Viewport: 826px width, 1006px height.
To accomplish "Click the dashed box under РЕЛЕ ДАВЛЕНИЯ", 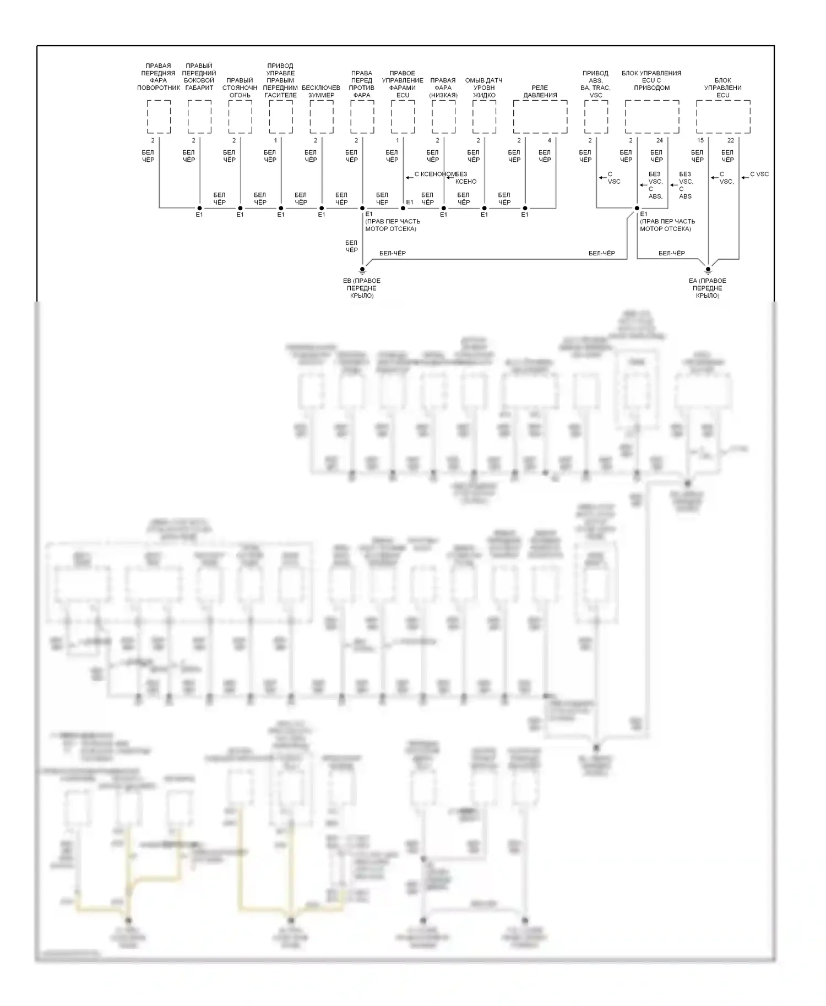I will tap(540, 117).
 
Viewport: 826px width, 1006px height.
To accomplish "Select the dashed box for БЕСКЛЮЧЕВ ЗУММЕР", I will tap(321, 117).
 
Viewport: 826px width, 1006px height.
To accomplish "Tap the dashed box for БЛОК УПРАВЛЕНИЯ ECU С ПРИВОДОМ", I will tap(651, 117).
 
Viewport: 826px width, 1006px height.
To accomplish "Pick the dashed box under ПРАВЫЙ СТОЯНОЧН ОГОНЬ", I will tap(240, 117).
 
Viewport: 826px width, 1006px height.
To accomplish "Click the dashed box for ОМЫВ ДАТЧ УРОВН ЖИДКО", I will tap(484, 117).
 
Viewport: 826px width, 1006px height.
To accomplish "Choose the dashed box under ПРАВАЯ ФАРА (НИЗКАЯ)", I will tap(443, 117).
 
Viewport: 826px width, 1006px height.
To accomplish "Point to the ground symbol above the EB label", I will tap(362, 270).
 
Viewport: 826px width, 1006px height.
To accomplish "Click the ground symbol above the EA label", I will tap(708, 270).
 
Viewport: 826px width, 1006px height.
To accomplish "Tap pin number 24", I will tap(660, 141).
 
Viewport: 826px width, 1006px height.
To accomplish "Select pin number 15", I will tap(700, 141).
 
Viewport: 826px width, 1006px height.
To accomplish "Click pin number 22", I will tap(731, 141).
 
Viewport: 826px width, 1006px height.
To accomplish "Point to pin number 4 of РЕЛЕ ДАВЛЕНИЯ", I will tap(550, 141).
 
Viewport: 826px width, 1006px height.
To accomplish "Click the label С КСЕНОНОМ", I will tap(434, 174).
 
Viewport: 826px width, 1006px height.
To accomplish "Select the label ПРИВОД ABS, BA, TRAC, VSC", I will tap(596, 84).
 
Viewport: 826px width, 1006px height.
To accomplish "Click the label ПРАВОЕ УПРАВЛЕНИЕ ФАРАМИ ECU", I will tap(403, 84).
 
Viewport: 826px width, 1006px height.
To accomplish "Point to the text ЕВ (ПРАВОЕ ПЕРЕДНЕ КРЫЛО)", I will tap(362, 288).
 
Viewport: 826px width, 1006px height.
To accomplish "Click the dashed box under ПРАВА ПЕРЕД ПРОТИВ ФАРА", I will tap(362, 117).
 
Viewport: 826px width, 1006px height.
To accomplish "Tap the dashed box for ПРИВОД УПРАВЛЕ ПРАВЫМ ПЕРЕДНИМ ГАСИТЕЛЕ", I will tap(280, 117).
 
